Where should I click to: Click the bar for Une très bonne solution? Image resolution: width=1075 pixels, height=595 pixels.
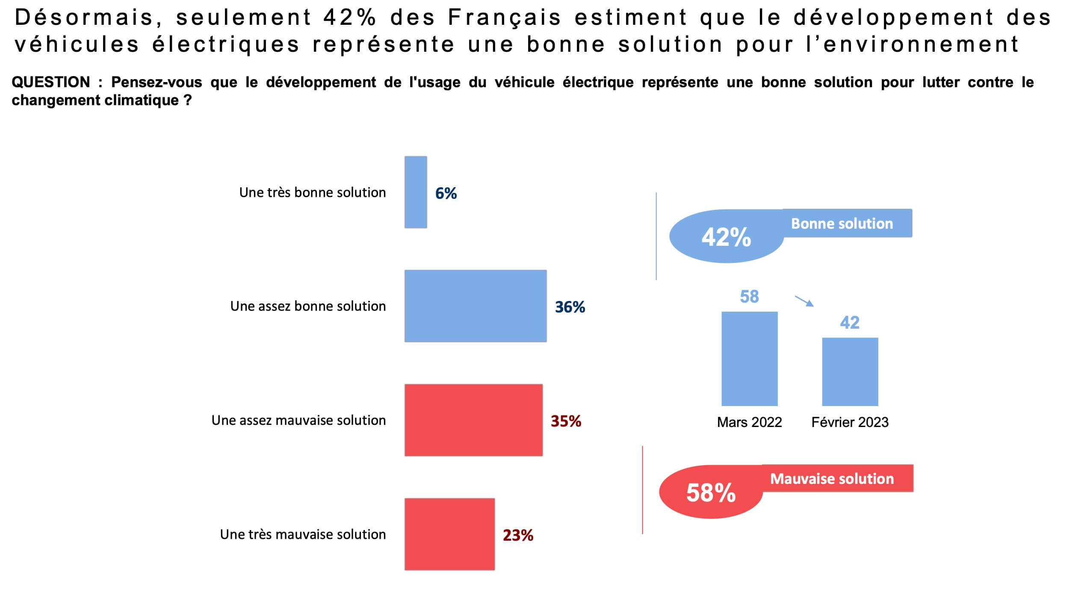coord(416,192)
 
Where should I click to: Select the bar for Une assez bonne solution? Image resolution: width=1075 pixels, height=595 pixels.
coord(475,306)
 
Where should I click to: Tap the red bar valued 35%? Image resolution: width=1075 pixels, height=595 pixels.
coord(473,420)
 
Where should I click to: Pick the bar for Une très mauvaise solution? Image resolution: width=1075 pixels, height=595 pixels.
coord(449,534)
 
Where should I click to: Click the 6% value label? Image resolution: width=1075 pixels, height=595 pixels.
coord(446,193)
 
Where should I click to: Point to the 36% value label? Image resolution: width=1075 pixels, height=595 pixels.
coord(570,307)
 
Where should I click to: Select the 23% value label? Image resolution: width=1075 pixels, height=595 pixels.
coord(518,535)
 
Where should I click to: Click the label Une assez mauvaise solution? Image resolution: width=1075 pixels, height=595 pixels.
coord(298,420)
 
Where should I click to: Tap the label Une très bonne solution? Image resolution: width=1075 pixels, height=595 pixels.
coord(312,192)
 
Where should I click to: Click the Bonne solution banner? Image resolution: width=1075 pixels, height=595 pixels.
coord(847,223)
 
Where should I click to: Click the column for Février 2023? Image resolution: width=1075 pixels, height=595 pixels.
coord(850,371)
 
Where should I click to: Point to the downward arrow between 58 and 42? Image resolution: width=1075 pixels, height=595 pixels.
coord(804,301)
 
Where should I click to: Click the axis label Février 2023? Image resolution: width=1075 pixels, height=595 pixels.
coord(850,422)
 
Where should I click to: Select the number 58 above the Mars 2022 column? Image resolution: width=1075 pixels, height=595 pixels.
coord(749,297)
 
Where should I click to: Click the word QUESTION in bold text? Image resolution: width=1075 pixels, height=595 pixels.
coord(50,82)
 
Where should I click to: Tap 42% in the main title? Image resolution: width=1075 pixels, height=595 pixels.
coord(349,18)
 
